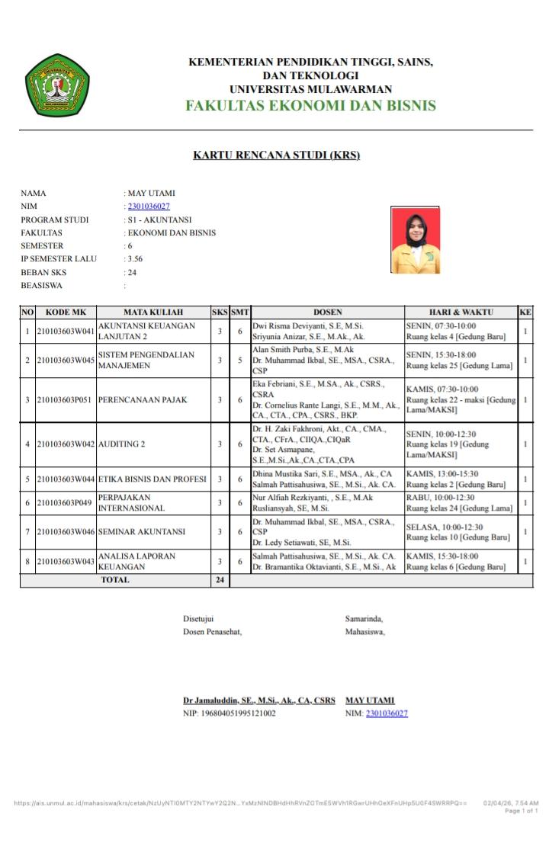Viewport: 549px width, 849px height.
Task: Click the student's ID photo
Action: tap(416, 239)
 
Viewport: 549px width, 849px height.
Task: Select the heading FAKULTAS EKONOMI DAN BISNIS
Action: tap(310, 105)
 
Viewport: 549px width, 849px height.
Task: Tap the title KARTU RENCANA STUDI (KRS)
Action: tap(276, 155)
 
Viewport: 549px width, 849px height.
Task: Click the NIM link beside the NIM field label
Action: tap(149, 206)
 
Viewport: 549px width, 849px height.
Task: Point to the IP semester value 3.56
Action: tap(135, 259)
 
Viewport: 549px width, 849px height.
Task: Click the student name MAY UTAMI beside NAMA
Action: tap(152, 193)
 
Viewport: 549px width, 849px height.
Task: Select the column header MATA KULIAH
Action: tap(153, 312)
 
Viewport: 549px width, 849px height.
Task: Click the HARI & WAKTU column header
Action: tap(461, 312)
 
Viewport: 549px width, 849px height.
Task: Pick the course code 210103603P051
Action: tap(66, 400)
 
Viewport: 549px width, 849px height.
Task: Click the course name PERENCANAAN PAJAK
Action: tap(143, 400)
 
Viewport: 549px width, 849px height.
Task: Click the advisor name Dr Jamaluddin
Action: tap(258, 700)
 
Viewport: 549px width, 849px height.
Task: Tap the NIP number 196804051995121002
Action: tap(229, 713)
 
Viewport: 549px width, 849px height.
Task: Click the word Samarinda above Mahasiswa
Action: tap(364, 618)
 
